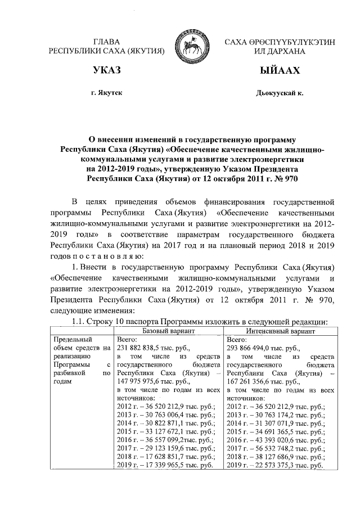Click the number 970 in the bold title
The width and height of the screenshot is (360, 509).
[286, 179]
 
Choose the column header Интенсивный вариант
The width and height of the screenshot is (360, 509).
[280, 332]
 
